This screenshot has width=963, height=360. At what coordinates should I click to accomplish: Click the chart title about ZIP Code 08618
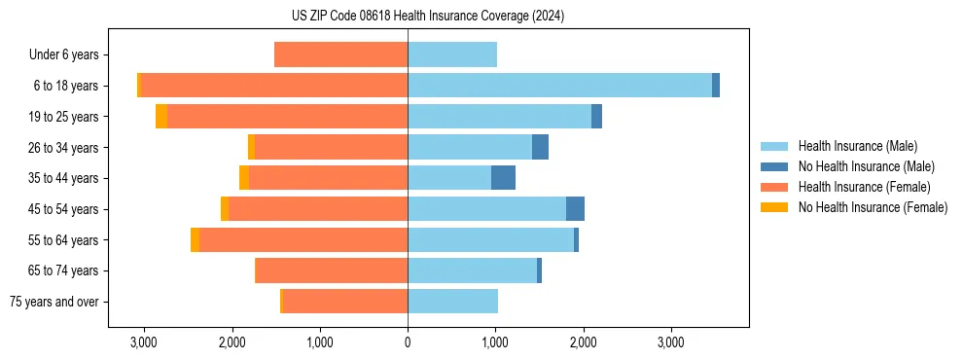pyautogui.click(x=427, y=17)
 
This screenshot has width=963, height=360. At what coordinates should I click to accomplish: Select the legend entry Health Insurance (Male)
pyautogui.click(x=857, y=146)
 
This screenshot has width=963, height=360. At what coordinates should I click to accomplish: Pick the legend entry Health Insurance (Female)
pyautogui.click(x=864, y=187)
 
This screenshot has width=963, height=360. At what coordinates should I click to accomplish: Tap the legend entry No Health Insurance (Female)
pyautogui.click(x=873, y=207)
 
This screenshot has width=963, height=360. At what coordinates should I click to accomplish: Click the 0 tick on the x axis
pyautogui.click(x=408, y=342)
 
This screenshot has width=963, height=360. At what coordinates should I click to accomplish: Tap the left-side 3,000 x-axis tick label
pyautogui.click(x=143, y=342)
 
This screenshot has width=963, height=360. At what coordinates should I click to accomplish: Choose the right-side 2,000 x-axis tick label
pyautogui.click(x=584, y=342)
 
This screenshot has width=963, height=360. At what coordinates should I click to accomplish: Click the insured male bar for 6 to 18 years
pyautogui.click(x=559, y=86)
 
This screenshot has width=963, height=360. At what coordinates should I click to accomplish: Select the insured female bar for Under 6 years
pyautogui.click(x=340, y=55)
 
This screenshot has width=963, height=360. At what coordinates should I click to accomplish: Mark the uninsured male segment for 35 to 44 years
pyautogui.click(x=503, y=178)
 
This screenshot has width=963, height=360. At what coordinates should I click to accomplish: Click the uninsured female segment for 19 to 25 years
pyautogui.click(x=161, y=117)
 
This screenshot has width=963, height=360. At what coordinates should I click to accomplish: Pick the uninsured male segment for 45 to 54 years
pyautogui.click(x=575, y=209)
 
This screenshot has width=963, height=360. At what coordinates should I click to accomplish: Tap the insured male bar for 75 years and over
pyautogui.click(x=452, y=302)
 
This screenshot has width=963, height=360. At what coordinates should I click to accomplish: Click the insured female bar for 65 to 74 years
pyautogui.click(x=331, y=270)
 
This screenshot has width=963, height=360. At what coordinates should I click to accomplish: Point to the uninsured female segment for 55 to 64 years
pyautogui.click(x=195, y=240)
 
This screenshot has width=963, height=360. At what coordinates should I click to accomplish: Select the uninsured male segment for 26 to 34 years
pyautogui.click(x=540, y=148)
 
